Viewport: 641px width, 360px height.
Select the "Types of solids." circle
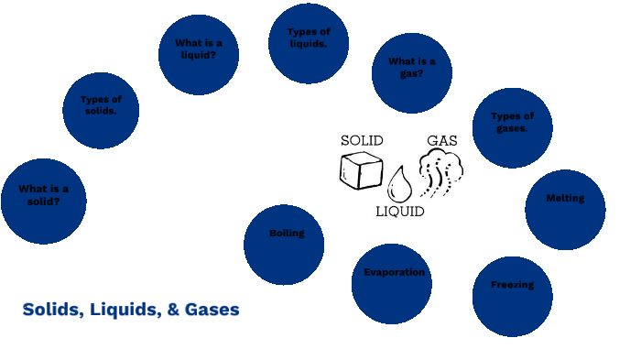click(102, 110)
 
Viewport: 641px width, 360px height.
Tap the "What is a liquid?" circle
click(199, 54)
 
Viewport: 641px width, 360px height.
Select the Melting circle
click(565, 210)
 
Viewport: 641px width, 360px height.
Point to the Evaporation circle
click(392, 283)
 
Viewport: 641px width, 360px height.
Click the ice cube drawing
click(360, 170)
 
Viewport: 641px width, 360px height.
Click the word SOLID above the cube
click(362, 141)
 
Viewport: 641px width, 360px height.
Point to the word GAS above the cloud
click(442, 141)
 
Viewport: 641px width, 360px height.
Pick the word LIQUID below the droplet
click(400, 212)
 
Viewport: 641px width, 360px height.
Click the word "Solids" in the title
click(50, 310)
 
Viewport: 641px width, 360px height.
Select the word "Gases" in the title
click(212, 310)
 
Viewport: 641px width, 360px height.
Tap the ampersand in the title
click(172, 310)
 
